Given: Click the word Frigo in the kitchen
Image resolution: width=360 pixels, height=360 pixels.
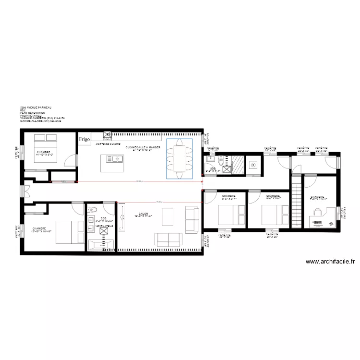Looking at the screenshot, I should pos(84,139).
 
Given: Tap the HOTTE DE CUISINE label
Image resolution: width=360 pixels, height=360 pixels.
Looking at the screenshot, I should pos(108,144).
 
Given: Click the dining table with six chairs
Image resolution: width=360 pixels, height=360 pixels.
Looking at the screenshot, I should pos(180,159).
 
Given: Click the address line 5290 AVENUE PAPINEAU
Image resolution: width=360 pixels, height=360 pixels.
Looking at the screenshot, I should pos(36,108).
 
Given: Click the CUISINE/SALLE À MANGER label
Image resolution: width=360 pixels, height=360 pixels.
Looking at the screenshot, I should pos(143,147).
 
